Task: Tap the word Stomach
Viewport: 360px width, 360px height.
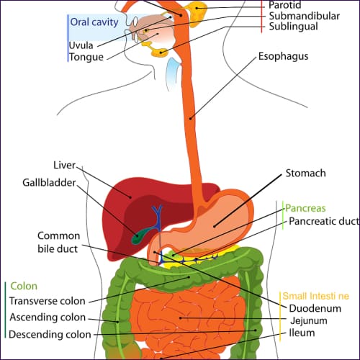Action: [x=305, y=174]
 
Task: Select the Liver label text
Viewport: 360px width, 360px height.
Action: [x=64, y=165]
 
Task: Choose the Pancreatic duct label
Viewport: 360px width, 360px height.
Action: [x=321, y=222]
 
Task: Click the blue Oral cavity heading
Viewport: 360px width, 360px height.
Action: [x=94, y=22]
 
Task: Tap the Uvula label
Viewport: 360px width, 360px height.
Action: [x=81, y=45]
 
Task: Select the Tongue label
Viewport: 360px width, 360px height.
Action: [x=85, y=58]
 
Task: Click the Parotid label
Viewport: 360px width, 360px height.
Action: [x=285, y=4]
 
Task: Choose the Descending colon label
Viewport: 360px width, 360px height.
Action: [x=50, y=334]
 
